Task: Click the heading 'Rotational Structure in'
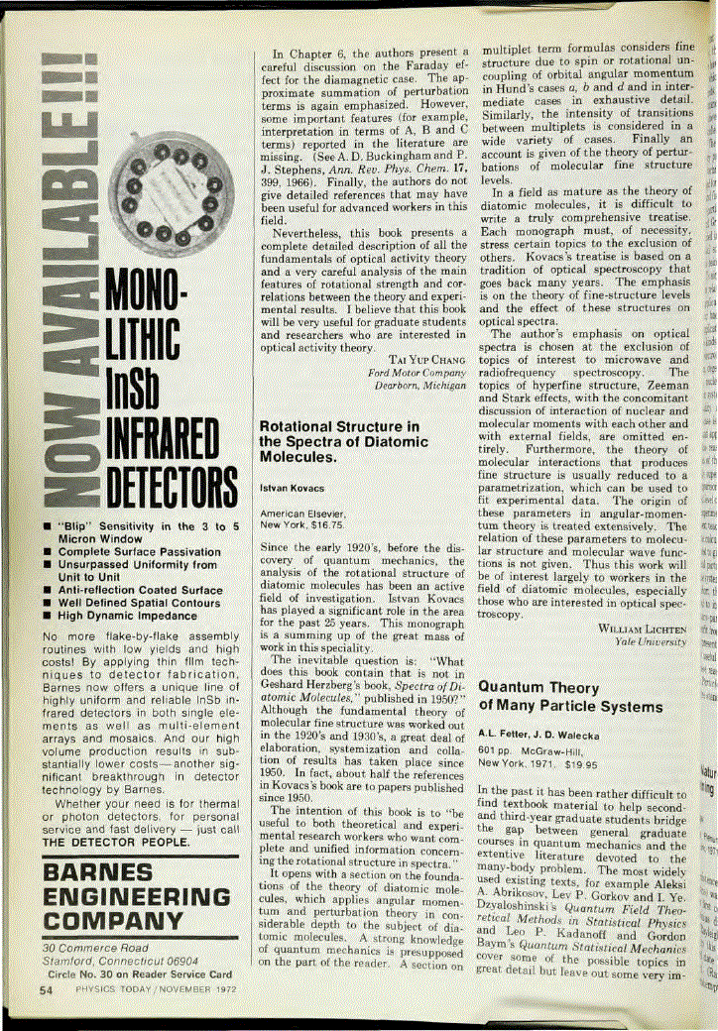click(338, 426)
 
